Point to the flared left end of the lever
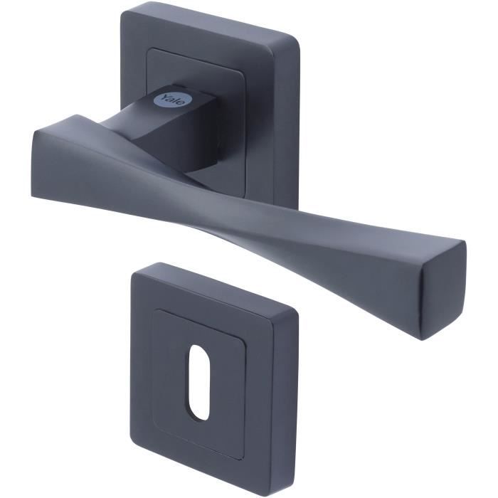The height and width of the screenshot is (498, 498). pos(53,153)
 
